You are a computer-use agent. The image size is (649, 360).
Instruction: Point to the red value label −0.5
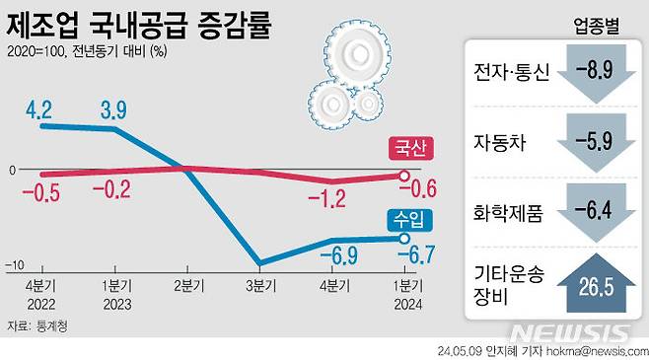coord(41,191)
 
